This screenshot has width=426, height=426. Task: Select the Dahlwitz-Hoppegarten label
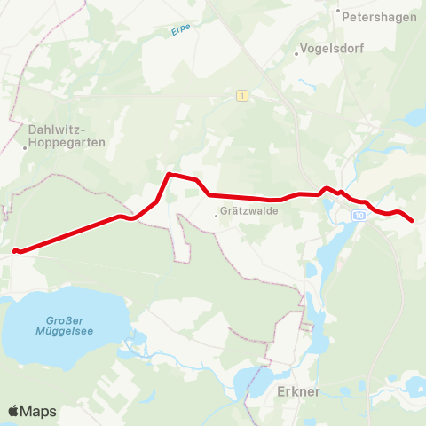click(67, 135)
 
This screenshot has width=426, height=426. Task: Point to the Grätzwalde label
click(252, 212)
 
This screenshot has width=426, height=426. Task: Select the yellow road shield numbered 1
click(241, 95)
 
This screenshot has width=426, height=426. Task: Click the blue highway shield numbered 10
click(358, 216)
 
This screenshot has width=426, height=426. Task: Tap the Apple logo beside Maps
click(13, 411)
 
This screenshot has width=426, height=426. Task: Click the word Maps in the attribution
click(38, 412)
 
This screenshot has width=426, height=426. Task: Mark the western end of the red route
click(15, 250)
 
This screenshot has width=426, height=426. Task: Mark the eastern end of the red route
click(411, 220)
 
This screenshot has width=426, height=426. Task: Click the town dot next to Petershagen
click(338, 12)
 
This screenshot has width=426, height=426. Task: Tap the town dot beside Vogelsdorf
click(297, 52)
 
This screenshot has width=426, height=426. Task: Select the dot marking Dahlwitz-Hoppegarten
click(26, 148)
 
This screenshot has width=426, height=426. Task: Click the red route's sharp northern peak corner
click(170, 175)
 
